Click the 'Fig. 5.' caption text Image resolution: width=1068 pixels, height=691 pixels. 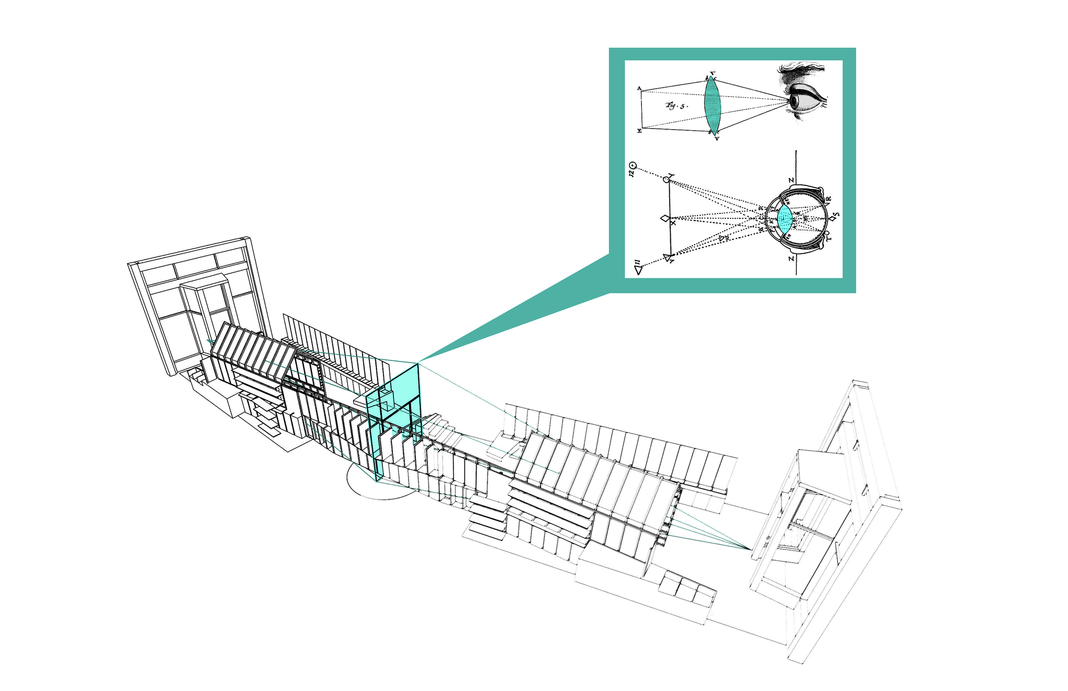click(x=677, y=106)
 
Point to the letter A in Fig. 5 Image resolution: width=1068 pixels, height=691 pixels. click(x=639, y=88)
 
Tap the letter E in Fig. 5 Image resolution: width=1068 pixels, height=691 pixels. click(x=639, y=131)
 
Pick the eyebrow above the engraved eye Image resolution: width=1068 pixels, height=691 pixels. click(x=801, y=70)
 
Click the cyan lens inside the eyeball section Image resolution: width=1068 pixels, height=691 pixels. click(x=784, y=218)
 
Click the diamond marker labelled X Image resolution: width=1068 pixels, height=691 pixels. click(x=665, y=218)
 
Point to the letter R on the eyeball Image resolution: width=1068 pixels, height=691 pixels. click(x=828, y=200)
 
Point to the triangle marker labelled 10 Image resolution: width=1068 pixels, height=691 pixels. click(x=667, y=258)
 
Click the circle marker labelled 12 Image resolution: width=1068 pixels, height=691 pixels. click(x=633, y=166)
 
